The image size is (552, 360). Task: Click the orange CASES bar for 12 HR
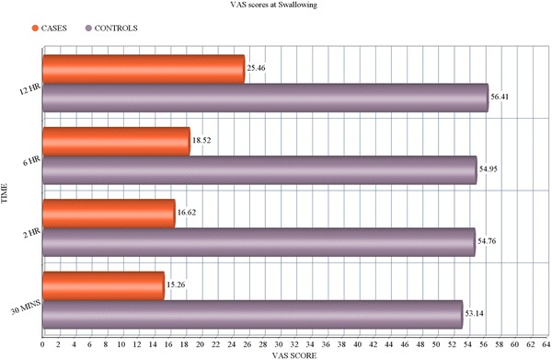(x=143, y=69)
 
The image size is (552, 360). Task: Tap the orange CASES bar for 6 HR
(x=116, y=141)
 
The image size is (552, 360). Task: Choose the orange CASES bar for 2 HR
(x=109, y=214)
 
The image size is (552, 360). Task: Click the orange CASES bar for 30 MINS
(x=103, y=285)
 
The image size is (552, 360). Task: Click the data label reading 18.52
(x=202, y=141)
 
